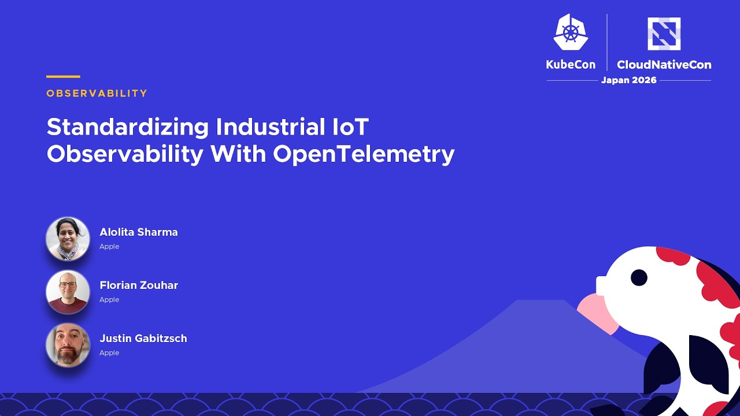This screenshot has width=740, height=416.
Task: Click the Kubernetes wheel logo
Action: point(571,32)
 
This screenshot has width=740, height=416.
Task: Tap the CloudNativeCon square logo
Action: point(664,34)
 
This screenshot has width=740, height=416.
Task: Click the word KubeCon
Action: point(571,64)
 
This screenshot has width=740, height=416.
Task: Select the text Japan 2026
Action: point(628,80)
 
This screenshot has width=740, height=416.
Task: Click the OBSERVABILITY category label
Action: point(97,94)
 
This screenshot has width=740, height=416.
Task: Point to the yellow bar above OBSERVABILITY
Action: point(63,77)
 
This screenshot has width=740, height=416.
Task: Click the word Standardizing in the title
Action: point(128,128)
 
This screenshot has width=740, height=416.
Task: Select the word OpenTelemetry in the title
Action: point(364,154)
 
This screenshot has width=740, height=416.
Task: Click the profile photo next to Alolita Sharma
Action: point(68,239)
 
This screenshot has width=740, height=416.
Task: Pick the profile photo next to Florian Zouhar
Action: point(68,292)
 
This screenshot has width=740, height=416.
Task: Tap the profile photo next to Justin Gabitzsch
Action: point(68,345)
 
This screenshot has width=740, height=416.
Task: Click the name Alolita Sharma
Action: point(139,232)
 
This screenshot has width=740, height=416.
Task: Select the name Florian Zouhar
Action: point(139,285)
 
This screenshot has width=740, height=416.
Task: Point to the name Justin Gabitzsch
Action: point(143,339)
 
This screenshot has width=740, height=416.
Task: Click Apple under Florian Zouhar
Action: point(109,300)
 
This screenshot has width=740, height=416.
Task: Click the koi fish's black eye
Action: point(639,277)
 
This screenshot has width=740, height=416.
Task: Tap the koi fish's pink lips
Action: point(598,314)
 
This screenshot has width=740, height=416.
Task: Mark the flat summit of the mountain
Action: point(541,300)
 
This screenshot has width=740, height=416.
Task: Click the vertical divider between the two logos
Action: point(607,42)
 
